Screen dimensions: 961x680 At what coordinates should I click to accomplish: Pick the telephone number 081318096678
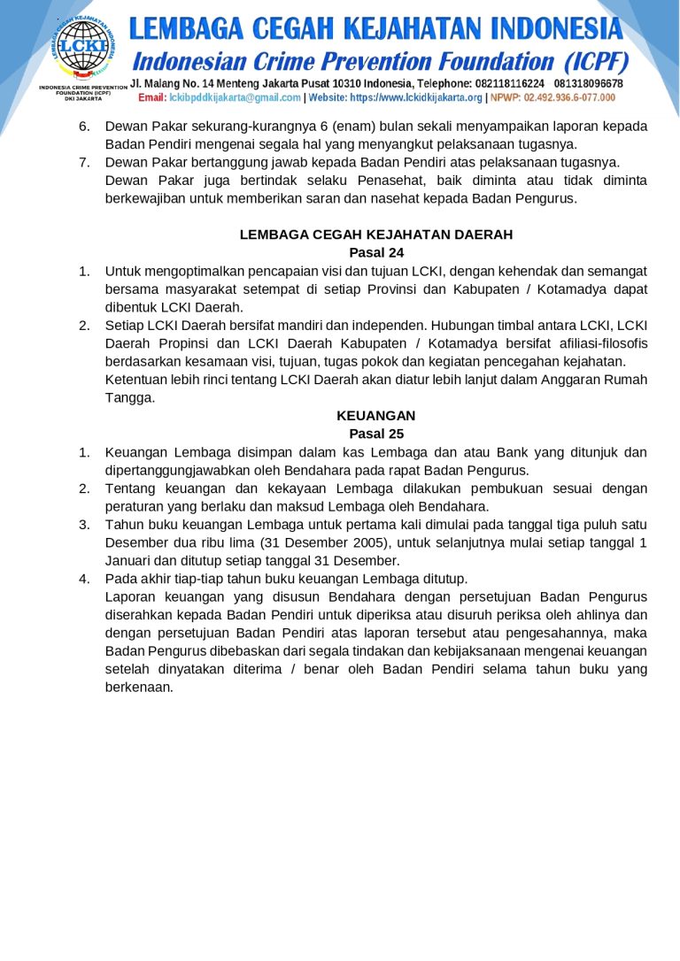point(588,83)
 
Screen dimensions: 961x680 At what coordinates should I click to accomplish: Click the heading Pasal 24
point(376,252)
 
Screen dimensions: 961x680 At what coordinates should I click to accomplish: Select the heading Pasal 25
point(376,434)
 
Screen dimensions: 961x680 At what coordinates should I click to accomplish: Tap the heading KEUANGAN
point(376,415)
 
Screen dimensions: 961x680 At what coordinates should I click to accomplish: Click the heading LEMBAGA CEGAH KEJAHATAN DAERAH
point(376,234)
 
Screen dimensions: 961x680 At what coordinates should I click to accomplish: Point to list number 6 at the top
point(84,126)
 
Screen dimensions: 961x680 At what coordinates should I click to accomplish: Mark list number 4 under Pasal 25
point(84,579)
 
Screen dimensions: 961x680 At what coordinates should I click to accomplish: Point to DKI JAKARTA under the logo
point(82,99)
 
